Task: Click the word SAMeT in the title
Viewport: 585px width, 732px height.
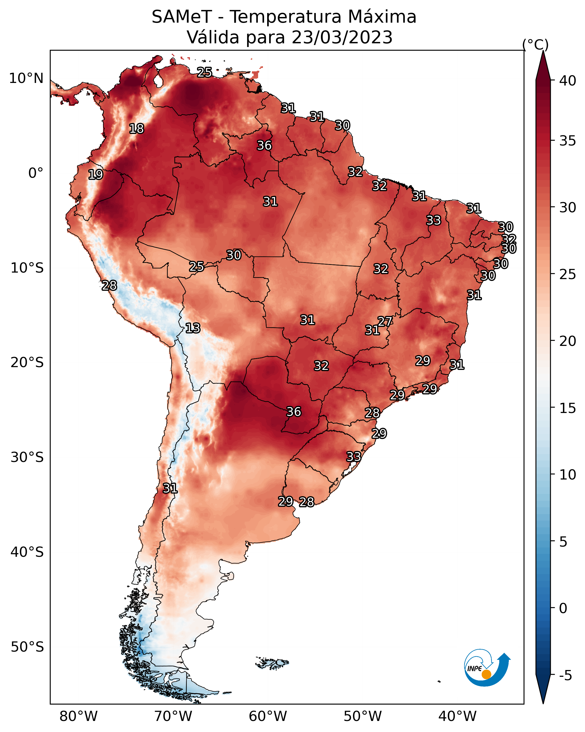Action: coord(182,17)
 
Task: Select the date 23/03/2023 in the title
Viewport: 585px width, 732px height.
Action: coord(342,37)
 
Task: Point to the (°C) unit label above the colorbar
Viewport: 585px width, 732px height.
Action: coord(535,44)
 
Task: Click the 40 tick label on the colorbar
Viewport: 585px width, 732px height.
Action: coord(568,81)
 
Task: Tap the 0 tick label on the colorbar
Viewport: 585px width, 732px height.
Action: coord(563,608)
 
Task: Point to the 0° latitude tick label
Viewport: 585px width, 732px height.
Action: coord(36,173)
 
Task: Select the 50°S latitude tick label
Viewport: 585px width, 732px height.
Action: coord(27,647)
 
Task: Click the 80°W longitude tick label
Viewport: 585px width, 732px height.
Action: coord(78,716)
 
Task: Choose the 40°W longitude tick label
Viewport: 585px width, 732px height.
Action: coord(457,716)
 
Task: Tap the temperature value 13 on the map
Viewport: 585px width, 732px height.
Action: coord(193,328)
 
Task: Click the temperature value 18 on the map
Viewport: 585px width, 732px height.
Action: coord(136,129)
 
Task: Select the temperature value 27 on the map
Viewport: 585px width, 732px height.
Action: coord(385,321)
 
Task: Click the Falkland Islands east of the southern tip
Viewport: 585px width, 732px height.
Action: coord(272,662)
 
